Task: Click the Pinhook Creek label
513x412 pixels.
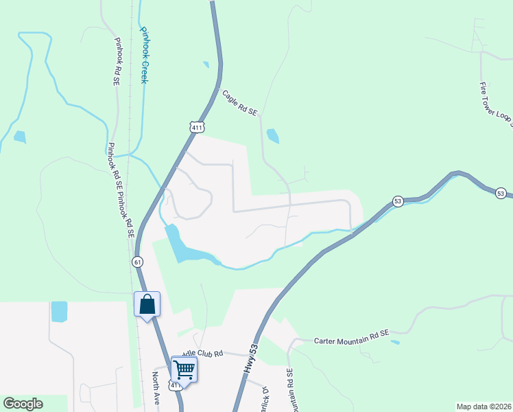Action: (144, 55)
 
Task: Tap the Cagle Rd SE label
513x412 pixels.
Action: (239, 102)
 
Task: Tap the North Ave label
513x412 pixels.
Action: (156, 389)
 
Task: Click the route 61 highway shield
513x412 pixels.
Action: (137, 262)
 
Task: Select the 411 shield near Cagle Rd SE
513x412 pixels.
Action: (197, 127)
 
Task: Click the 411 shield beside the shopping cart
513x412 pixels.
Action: (176, 386)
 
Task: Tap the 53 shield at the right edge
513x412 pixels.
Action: (501, 193)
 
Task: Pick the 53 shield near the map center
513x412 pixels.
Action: (398, 201)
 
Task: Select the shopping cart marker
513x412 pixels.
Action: (184, 369)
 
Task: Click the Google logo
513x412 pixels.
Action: (23, 404)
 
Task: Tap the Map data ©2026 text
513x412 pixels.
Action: (483, 407)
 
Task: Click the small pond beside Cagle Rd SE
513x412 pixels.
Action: (272, 136)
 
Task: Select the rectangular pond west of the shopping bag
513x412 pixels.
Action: (59, 312)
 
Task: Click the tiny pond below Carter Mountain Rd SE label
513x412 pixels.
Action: (395, 342)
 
